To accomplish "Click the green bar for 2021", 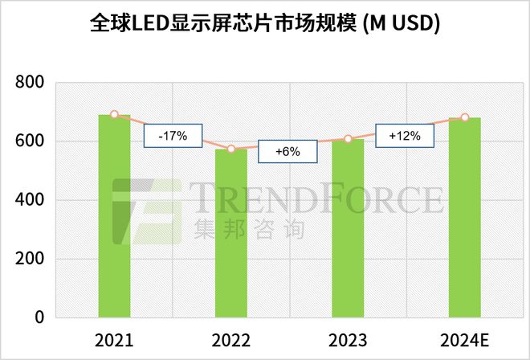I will pyautogui.click(x=114, y=216).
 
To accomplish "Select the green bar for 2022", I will pyautogui.click(x=231, y=233).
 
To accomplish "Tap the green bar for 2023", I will pyautogui.click(x=348, y=228).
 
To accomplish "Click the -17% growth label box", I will pyautogui.click(x=173, y=137).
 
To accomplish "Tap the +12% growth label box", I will pyautogui.click(x=405, y=137).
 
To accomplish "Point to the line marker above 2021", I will pyautogui.click(x=114, y=115).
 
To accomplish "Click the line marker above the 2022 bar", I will pyautogui.click(x=231, y=149).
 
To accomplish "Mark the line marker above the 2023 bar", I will pyautogui.click(x=348, y=139).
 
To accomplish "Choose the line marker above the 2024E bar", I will pyautogui.click(x=464, y=117).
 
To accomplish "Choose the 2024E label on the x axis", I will pyautogui.click(x=464, y=339).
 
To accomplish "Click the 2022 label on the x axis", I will pyautogui.click(x=231, y=339).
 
